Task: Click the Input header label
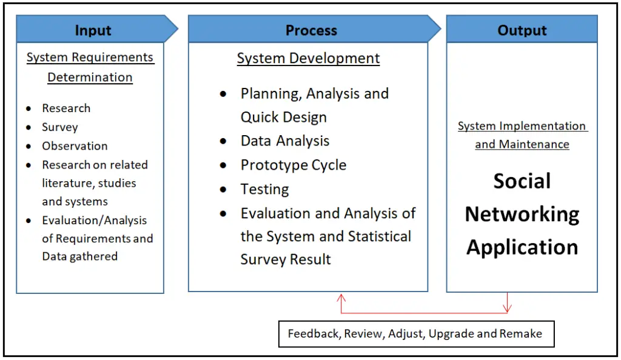[x=93, y=30]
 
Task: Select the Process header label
[x=311, y=30]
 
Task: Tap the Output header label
[x=522, y=30]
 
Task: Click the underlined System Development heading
[x=308, y=59]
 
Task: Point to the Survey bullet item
[x=59, y=127]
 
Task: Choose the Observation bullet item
[x=75, y=146]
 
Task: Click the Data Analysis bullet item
[x=284, y=141]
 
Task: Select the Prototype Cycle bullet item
[x=293, y=165]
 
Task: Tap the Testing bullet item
[x=264, y=189]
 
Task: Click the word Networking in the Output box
[x=522, y=214]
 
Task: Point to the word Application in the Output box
[x=522, y=247]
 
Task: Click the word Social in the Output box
[x=522, y=181]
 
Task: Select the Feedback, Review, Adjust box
[x=415, y=334]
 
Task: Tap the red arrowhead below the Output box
[x=508, y=310]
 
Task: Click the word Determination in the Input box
[x=90, y=78]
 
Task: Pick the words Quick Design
[x=283, y=118]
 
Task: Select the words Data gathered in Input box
[x=79, y=256]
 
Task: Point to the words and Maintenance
[x=522, y=145]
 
